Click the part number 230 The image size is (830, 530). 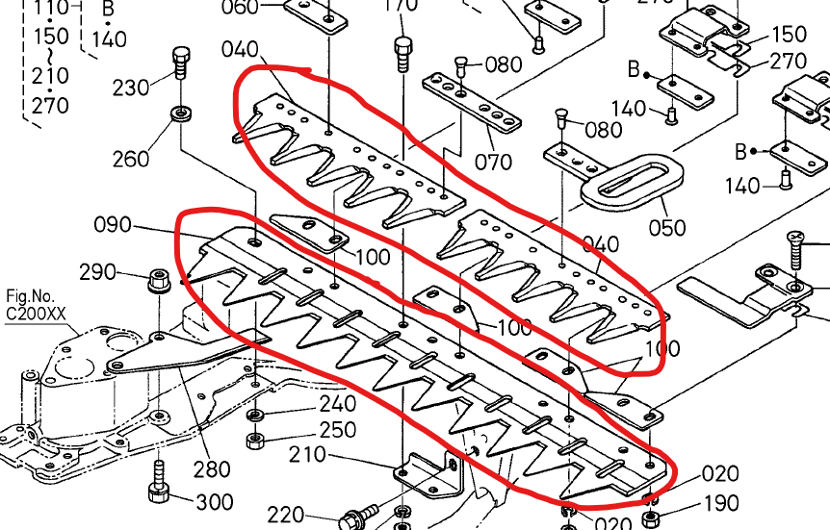tap(131, 88)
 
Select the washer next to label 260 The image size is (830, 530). tap(180, 116)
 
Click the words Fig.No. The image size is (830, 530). tap(28, 296)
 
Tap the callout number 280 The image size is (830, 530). tap(211, 468)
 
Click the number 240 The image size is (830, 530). tap(337, 404)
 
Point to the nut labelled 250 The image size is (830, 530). tap(256, 441)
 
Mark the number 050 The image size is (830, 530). tap(667, 228)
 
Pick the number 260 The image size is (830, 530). tap(131, 159)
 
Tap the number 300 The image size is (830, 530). tap(214, 501)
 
